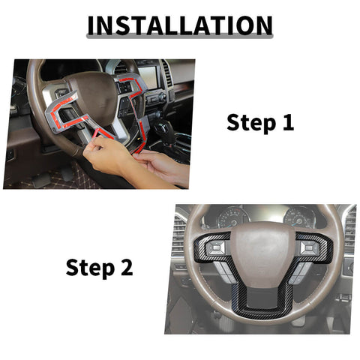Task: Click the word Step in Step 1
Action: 252,122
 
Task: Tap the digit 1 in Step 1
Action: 288,122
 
